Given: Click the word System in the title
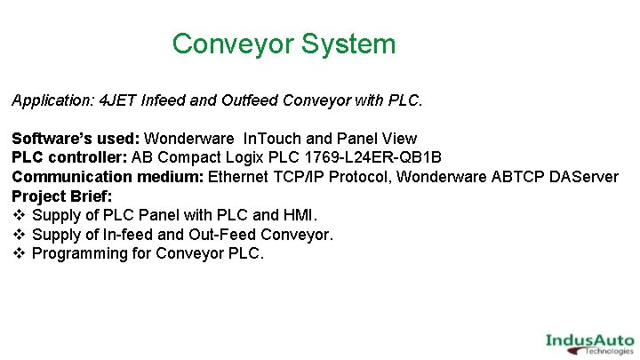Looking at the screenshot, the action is coord(349,44).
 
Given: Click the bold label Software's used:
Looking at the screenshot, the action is coord(76,139).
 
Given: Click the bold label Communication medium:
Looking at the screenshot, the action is coord(108,177).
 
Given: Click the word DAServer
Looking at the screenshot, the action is coord(581,177).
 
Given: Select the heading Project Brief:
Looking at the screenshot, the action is coord(62,196).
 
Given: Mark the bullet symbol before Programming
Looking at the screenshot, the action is coord(19,253).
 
